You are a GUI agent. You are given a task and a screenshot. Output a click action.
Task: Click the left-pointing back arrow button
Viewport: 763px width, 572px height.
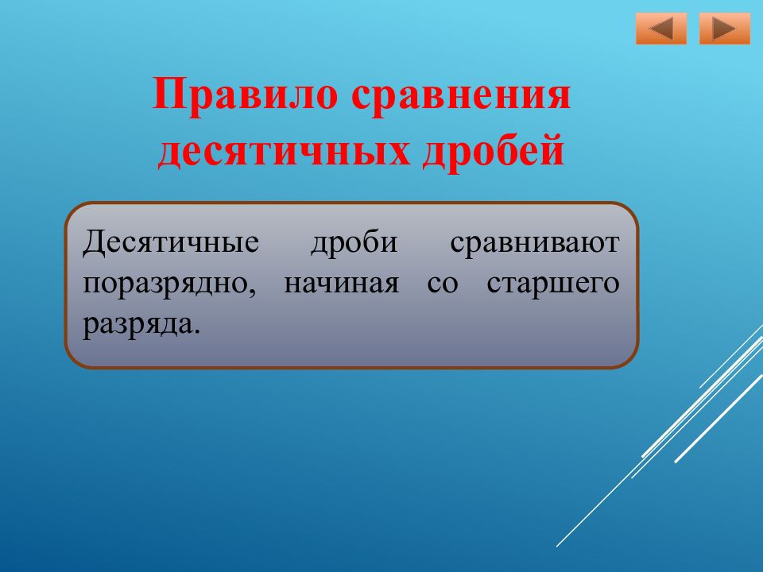(x=660, y=29)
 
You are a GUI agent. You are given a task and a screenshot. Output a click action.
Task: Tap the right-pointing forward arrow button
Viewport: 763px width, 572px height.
(x=725, y=29)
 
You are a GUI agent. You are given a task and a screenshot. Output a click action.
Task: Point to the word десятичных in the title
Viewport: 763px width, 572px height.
(x=284, y=151)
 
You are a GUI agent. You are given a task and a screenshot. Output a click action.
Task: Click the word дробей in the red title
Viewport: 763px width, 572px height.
(x=494, y=150)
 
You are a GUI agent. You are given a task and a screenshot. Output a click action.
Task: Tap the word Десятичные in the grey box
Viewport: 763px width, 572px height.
(x=171, y=242)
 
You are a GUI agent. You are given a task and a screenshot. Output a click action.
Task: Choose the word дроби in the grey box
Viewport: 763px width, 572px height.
(x=354, y=242)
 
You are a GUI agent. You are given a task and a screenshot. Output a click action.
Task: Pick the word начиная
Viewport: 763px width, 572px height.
(x=341, y=284)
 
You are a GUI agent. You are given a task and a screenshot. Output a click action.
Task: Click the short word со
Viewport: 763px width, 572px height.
(x=443, y=284)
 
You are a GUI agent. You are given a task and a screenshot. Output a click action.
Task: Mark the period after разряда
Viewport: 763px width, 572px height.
(x=196, y=332)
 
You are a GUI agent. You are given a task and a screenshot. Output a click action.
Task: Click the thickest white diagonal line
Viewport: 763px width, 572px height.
(x=719, y=417)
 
